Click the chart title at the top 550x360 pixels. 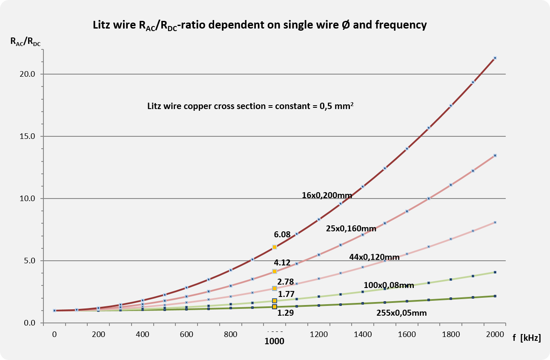tap(260, 25)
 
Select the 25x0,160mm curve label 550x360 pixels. tap(351, 229)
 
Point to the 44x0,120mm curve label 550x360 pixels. tap(374, 257)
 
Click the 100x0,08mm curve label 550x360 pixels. tap(389, 285)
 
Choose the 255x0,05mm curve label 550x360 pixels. tap(401, 313)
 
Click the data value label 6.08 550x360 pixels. tap(282, 234)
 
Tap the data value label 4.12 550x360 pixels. tap(282, 263)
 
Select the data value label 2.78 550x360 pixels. tap(285, 282)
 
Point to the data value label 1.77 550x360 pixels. tap(286, 294)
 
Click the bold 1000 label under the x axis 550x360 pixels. tap(274, 341)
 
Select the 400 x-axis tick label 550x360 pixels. tap(143, 334)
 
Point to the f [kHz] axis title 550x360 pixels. tap(527, 338)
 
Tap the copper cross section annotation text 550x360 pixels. tap(251, 106)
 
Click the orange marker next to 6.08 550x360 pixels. tap(275, 247)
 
